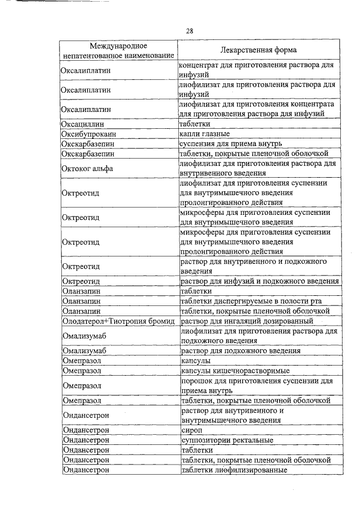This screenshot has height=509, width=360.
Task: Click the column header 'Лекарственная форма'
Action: click(x=258, y=50)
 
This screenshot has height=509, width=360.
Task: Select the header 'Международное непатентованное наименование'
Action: click(x=118, y=50)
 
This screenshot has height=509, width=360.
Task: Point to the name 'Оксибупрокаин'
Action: click(x=89, y=134)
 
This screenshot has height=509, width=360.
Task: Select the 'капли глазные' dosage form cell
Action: click(x=204, y=134)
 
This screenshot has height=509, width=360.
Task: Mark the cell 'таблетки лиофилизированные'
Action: click(x=233, y=470)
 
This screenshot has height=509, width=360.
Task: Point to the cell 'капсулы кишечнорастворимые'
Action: click(x=235, y=371)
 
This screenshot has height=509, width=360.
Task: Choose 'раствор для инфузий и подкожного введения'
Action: click(x=259, y=281)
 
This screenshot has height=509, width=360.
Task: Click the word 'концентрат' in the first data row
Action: click(x=198, y=65)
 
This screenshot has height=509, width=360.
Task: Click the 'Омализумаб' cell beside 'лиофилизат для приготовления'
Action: click(x=85, y=336)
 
